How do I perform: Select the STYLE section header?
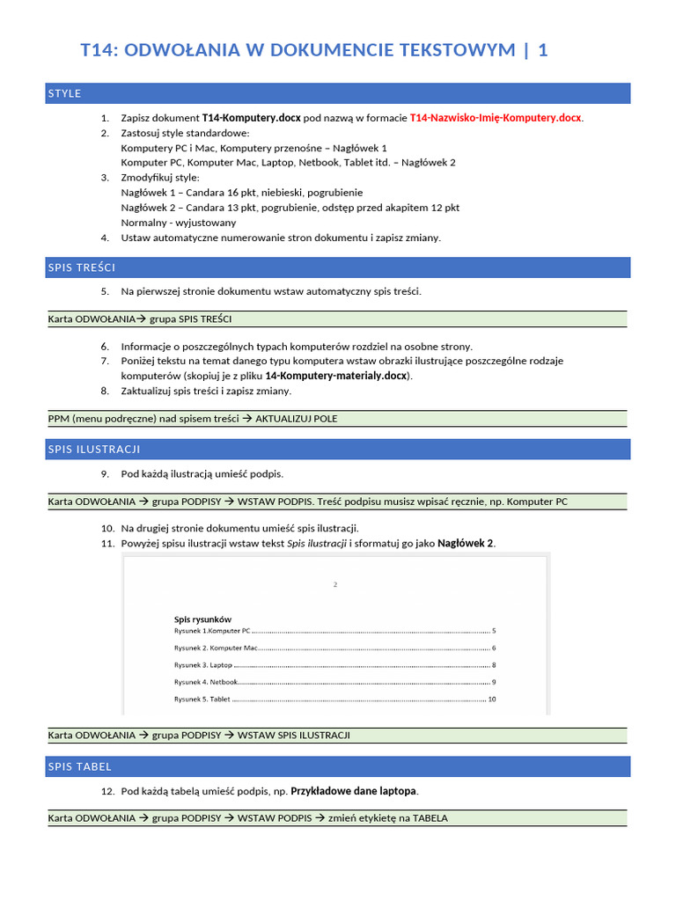65,93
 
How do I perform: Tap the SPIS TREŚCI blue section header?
82,267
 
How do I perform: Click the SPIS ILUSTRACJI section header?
94,450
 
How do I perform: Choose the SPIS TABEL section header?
80,766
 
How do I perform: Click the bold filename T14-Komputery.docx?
251,118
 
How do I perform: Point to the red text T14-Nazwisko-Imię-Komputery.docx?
496,118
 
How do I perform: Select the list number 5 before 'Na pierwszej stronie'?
105,291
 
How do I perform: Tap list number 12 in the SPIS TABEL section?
107,791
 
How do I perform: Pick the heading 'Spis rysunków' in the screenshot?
202,619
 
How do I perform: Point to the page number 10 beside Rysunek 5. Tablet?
492,700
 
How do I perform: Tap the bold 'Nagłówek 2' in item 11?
466,543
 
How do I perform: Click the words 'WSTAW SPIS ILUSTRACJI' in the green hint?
294,735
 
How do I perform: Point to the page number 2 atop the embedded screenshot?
335,584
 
